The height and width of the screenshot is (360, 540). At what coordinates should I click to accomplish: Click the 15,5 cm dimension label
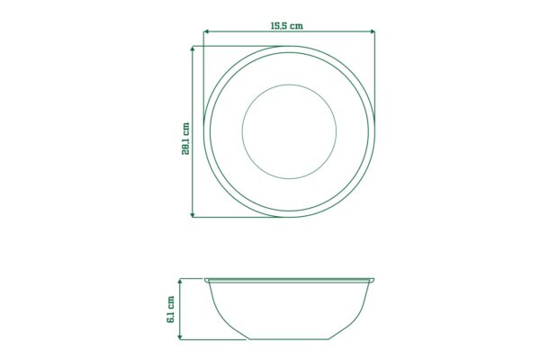click(x=287, y=26)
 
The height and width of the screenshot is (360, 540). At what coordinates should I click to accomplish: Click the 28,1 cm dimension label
click(x=185, y=139)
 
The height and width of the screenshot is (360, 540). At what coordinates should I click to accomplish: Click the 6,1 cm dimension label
click(x=170, y=310)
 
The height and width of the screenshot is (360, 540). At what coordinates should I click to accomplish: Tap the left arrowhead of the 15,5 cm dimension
click(x=205, y=31)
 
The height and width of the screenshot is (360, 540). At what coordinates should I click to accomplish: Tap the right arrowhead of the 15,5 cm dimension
click(x=373, y=31)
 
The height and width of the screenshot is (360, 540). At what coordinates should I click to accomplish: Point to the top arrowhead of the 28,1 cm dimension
click(x=193, y=49)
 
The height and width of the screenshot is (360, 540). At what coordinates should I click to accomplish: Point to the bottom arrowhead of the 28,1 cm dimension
click(x=193, y=214)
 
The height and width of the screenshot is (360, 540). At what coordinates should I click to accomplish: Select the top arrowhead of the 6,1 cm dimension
click(x=179, y=282)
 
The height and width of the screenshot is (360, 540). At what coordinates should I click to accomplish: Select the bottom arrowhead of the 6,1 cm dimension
click(x=179, y=337)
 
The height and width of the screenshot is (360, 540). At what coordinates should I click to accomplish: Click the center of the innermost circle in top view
click(x=289, y=131)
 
